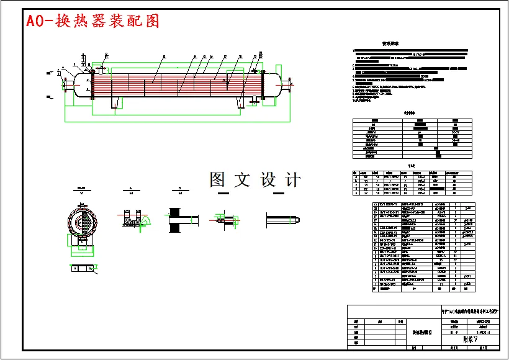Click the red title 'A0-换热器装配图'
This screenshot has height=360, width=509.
click(x=92, y=20)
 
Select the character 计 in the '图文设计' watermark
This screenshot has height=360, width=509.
click(x=291, y=180)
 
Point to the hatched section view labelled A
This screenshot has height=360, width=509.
click(x=132, y=218)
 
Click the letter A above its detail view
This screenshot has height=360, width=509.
click(x=130, y=187)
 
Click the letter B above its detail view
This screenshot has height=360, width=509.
click(x=179, y=187)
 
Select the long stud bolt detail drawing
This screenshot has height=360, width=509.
click(x=283, y=219)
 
